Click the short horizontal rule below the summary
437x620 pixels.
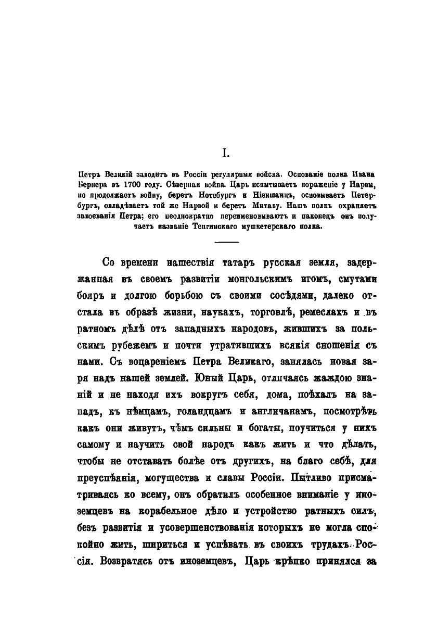[226, 242]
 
